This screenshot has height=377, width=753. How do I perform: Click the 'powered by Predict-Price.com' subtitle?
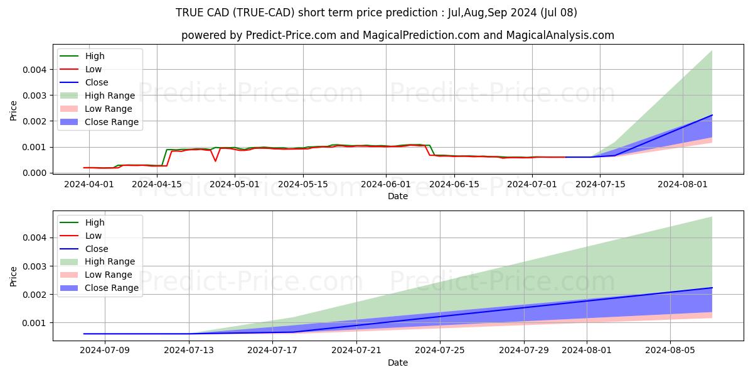pos(398,36)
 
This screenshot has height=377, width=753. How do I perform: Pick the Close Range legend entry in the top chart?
pos(112,122)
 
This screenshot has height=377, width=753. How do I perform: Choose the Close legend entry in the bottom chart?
pos(96,249)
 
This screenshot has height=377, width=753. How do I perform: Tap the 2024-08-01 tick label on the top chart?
pos(683,184)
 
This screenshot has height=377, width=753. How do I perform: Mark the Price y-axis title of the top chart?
pos(14,111)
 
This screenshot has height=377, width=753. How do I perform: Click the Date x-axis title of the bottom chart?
pos(398,363)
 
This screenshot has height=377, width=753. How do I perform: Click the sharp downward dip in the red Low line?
pos(215,161)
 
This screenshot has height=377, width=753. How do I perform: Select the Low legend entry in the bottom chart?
pos(93,236)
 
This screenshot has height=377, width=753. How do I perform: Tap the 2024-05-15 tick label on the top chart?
pos(303,184)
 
